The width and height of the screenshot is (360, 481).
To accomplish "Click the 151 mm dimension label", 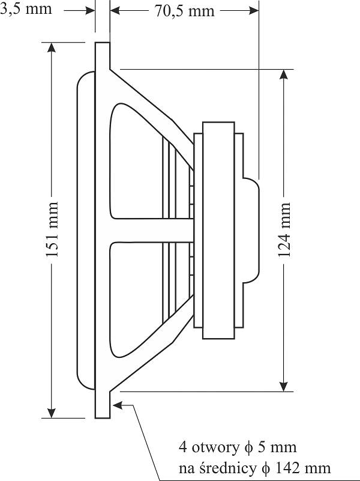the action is (x=52, y=229).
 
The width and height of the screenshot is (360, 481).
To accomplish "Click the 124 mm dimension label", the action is (x=284, y=229).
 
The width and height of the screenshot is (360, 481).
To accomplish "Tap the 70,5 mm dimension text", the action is (x=184, y=11).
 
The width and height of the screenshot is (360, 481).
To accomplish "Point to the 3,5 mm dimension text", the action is (x=26, y=9).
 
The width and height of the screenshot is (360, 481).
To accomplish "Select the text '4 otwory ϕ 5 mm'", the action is (x=238, y=447).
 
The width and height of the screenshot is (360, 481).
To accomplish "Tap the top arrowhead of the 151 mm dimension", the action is (x=52, y=47).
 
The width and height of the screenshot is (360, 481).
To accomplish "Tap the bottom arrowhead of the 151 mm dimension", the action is (x=52, y=413).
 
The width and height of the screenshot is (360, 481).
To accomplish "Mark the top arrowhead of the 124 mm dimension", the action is (x=284, y=74).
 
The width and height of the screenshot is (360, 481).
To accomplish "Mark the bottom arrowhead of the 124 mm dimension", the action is (x=284, y=387).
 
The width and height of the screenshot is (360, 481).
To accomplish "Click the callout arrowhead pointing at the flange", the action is (x=118, y=405).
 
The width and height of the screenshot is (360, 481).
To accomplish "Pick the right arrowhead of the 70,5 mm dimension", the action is (x=254, y=11).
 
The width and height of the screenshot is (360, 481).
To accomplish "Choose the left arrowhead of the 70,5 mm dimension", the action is (x=115, y=11).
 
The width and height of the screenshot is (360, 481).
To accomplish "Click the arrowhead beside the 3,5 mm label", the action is (x=90, y=11).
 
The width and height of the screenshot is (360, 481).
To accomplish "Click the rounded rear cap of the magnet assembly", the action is (x=251, y=230).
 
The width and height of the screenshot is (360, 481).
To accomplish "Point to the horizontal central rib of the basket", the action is (x=152, y=231).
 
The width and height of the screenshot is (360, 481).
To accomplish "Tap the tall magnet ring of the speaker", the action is (x=219, y=231).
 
